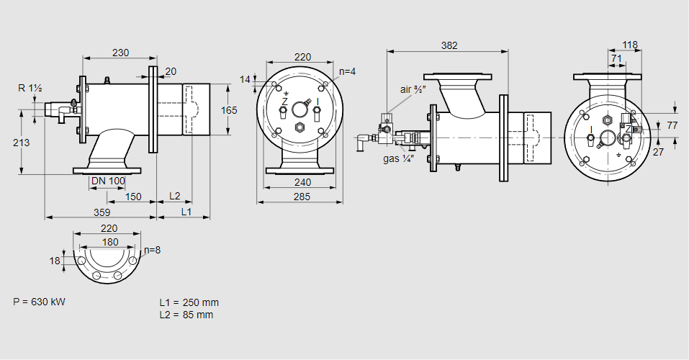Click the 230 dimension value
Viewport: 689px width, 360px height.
(x=121, y=52)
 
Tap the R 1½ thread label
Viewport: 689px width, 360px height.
(x=30, y=88)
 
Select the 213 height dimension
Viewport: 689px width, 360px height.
(x=21, y=143)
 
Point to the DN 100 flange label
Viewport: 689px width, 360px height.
(x=109, y=180)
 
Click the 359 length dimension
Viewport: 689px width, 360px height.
(x=102, y=212)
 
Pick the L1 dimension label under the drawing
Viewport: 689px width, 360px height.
(x=186, y=212)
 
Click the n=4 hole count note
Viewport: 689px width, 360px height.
(x=348, y=71)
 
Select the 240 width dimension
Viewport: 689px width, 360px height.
(x=302, y=182)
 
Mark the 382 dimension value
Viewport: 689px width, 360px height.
(x=449, y=45)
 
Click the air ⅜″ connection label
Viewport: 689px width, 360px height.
(x=414, y=89)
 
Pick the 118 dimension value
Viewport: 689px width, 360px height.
(x=630, y=45)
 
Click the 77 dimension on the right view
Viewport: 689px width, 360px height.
(x=672, y=125)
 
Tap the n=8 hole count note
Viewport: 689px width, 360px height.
(x=152, y=250)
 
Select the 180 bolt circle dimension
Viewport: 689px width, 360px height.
(x=110, y=242)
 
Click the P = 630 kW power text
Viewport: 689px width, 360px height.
(x=40, y=302)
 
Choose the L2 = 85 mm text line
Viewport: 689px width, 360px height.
(x=186, y=315)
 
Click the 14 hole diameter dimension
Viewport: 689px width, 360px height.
(x=245, y=79)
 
